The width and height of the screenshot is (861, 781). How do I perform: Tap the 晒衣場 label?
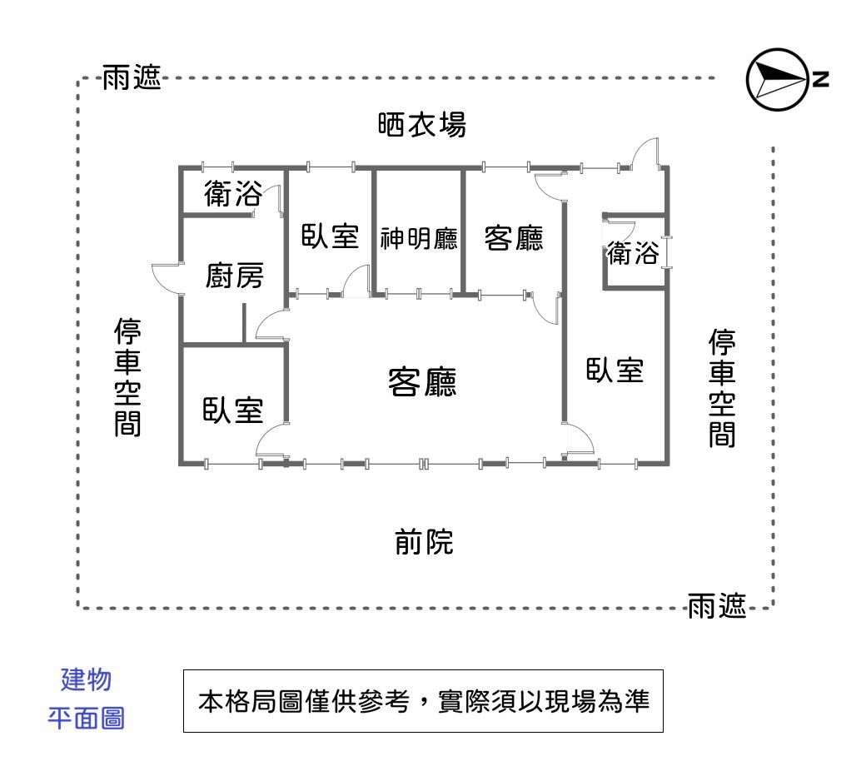click(x=421, y=126)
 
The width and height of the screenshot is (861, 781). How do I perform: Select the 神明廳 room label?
click(x=419, y=239)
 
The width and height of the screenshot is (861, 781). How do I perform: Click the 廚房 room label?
click(x=234, y=276)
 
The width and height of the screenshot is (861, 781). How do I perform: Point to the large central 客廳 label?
click(x=423, y=382)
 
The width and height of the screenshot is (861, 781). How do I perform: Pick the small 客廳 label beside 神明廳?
click(x=514, y=238)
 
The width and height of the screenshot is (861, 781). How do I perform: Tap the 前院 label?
click(x=424, y=543)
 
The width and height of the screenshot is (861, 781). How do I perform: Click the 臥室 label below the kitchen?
click(x=233, y=410)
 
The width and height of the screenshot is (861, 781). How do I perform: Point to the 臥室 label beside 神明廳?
click(x=330, y=236)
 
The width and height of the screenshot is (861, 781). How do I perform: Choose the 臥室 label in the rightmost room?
click(x=615, y=370)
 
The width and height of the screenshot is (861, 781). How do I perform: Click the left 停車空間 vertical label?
click(x=127, y=377)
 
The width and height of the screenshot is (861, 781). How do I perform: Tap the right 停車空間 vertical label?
click(x=722, y=388)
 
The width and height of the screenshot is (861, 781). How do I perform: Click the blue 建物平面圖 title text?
click(x=86, y=698)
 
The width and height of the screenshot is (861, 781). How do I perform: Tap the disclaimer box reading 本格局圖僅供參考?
click(x=423, y=701)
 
